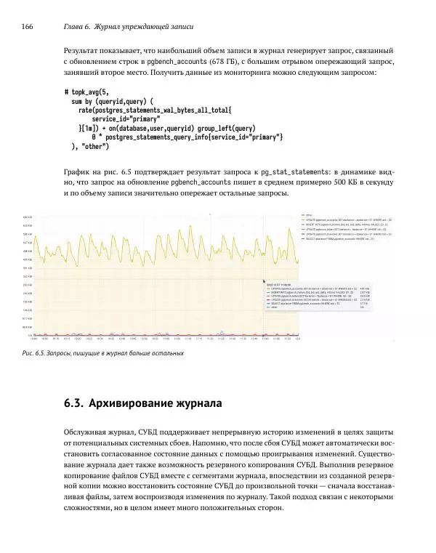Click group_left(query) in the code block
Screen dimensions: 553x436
(x=226, y=128)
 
